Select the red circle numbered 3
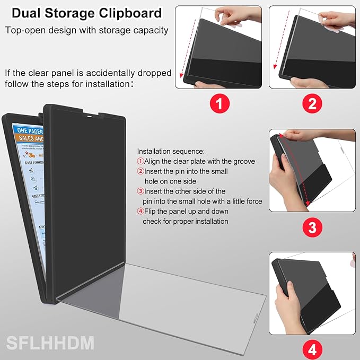click(312, 228)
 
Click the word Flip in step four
click(151, 212)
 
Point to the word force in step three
click(252, 201)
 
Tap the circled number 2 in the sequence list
click(140, 171)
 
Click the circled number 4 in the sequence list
click(140, 212)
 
